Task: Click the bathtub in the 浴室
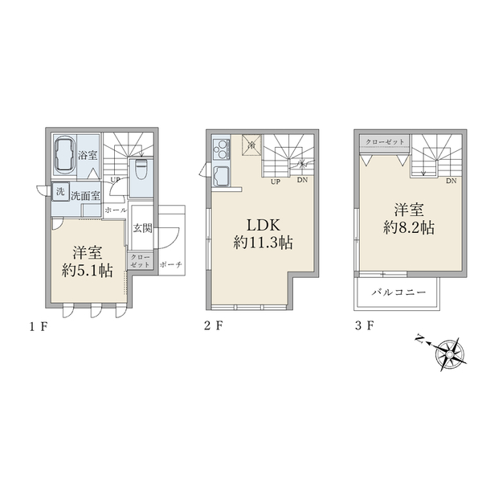(64, 154)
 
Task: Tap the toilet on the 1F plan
(141, 170)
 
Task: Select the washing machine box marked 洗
(60, 192)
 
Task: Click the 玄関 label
(143, 228)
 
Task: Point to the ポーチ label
(171, 264)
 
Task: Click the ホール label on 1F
(115, 210)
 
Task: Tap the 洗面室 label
(85, 196)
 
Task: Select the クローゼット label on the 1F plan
(140, 260)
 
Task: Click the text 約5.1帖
(87, 271)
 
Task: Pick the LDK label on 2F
(263, 225)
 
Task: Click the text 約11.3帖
(263, 243)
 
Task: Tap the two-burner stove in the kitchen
(222, 149)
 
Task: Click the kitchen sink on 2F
(221, 176)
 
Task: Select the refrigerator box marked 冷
(251, 145)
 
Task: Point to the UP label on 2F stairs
(276, 182)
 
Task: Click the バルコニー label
(399, 292)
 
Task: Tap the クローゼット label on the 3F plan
(385, 141)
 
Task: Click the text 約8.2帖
(409, 228)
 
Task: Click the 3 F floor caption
(364, 325)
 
